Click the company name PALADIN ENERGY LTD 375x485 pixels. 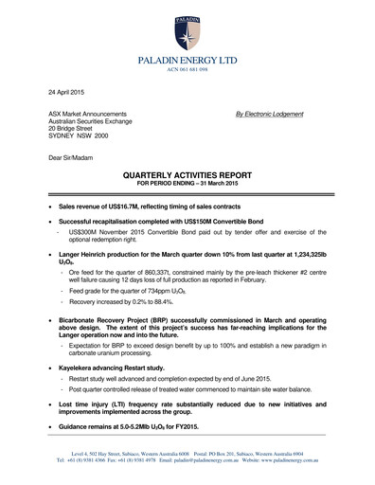pos(188,60)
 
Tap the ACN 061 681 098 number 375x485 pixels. pos(188,70)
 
